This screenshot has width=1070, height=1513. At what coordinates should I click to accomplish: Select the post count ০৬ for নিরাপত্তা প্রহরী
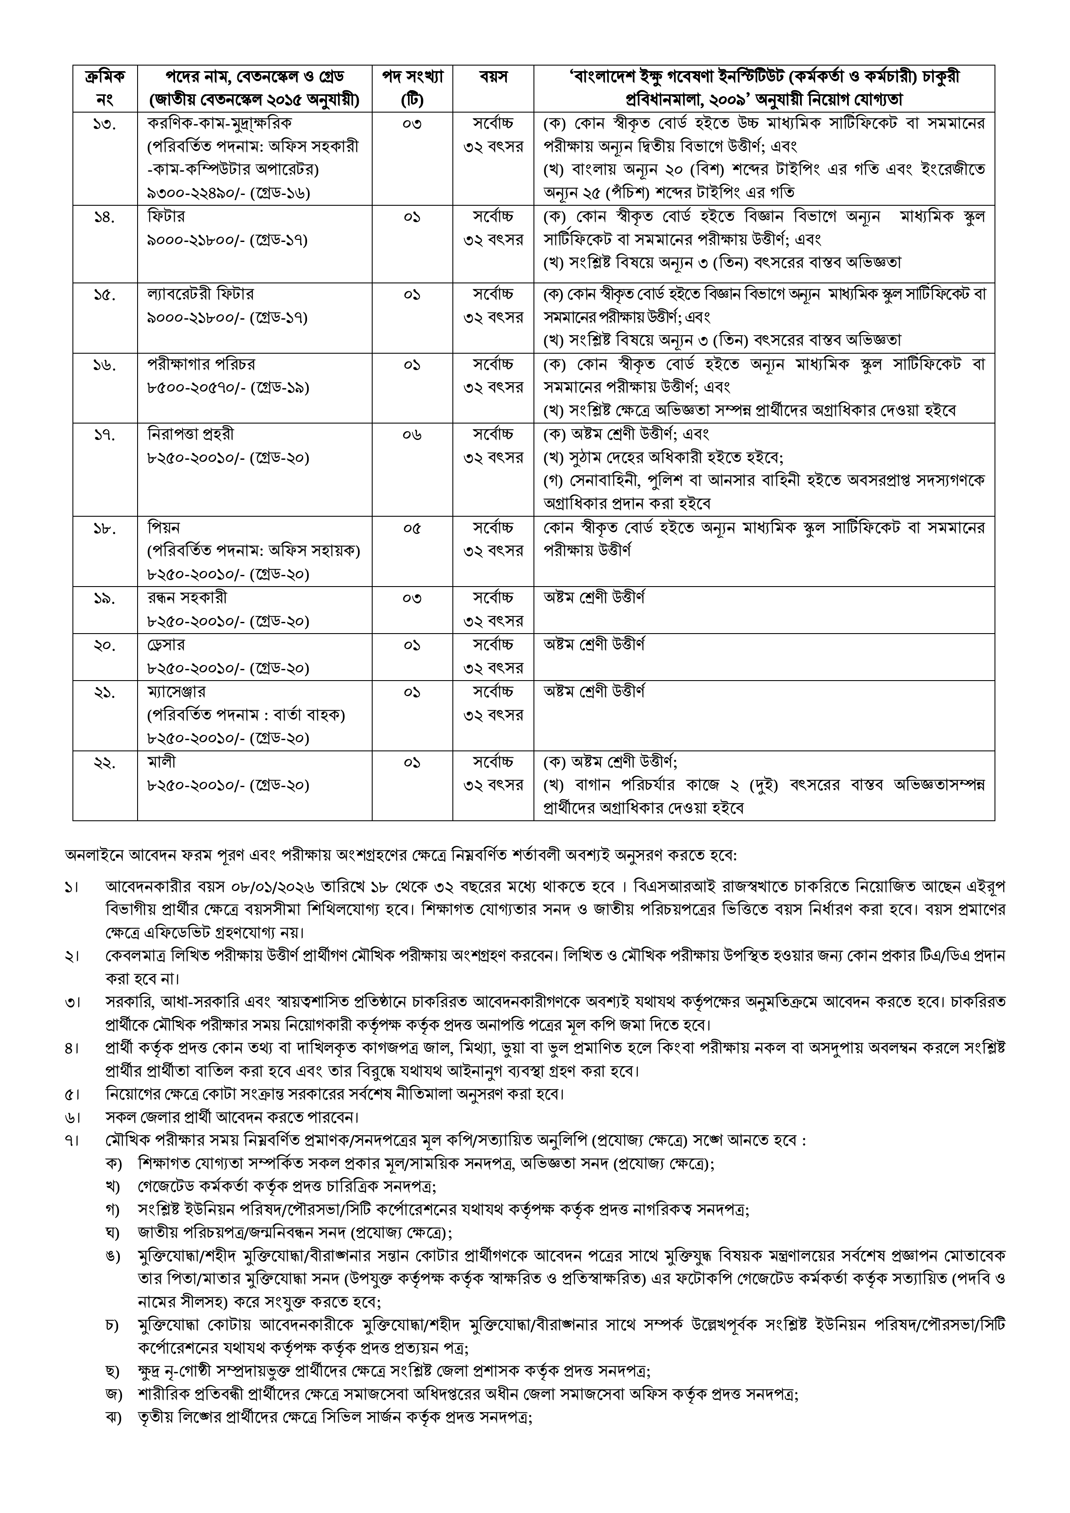[412, 435]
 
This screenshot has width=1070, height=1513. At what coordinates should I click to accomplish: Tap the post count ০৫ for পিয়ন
[412, 528]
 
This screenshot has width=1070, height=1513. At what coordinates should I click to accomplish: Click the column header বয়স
[493, 77]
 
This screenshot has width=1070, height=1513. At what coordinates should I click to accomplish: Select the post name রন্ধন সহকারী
[187, 598]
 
